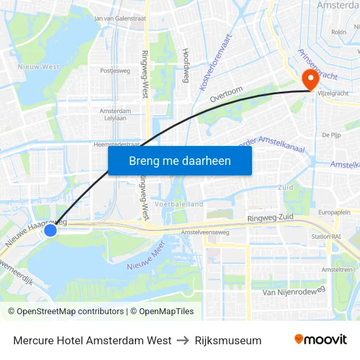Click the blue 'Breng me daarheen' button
[180, 160]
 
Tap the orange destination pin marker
[309, 81]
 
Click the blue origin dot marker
[50, 230]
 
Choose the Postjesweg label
[115, 70]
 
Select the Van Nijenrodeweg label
[293, 291]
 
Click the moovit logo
[321, 339]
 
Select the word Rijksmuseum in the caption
[228, 340]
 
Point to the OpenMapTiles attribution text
[162, 312]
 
